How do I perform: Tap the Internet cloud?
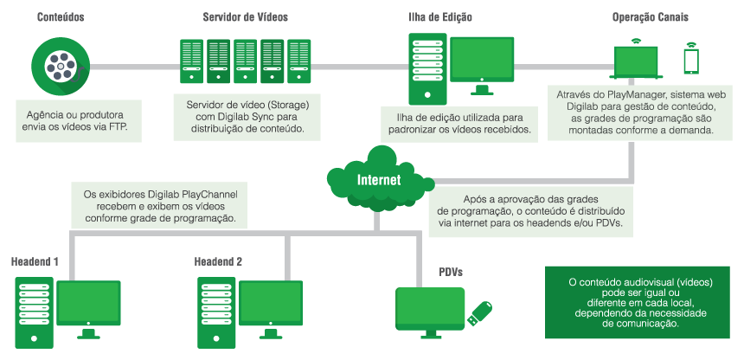379,179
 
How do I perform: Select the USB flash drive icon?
480,313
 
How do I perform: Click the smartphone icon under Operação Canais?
690,60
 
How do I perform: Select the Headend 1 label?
35,260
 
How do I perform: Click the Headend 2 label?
218,260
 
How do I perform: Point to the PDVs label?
452,271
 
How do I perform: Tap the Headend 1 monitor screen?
87,302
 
